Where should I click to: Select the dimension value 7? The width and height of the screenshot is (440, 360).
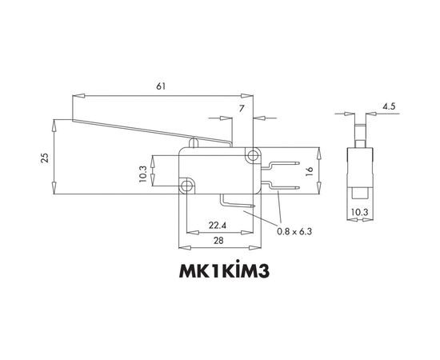pos(242,106)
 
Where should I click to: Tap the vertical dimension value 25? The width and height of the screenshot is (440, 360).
pos(45,158)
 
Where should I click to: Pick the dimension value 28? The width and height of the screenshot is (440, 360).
pos(220,242)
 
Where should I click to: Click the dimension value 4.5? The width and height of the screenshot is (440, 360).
pos(388,106)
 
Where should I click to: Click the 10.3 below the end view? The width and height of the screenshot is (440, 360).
pos(360,213)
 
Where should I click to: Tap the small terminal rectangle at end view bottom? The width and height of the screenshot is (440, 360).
pos(360,193)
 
